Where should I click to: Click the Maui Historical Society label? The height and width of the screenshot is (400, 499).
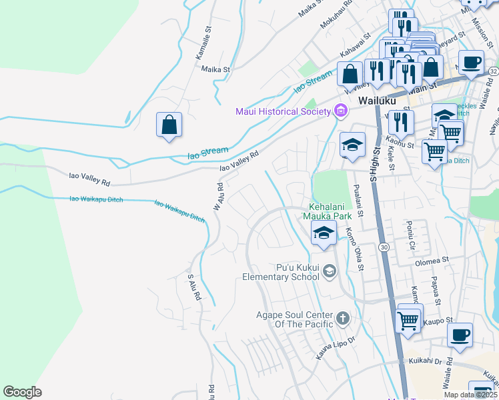tap(283, 111)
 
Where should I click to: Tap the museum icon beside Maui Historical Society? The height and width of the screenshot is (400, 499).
tap(341, 111)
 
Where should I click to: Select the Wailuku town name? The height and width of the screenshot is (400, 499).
tap(377, 101)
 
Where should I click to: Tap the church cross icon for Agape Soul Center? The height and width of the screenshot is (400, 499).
tap(343, 318)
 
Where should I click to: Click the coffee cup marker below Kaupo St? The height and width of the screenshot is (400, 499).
tap(459, 336)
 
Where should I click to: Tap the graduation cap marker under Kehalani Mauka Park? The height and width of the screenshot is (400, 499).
tap(324, 233)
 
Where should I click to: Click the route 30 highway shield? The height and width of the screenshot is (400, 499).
tap(384, 247)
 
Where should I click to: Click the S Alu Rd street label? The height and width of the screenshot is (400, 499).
tap(194, 287)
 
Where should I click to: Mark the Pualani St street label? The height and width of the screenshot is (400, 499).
tap(358, 201)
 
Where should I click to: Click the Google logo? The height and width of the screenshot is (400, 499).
tap(22, 392)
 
